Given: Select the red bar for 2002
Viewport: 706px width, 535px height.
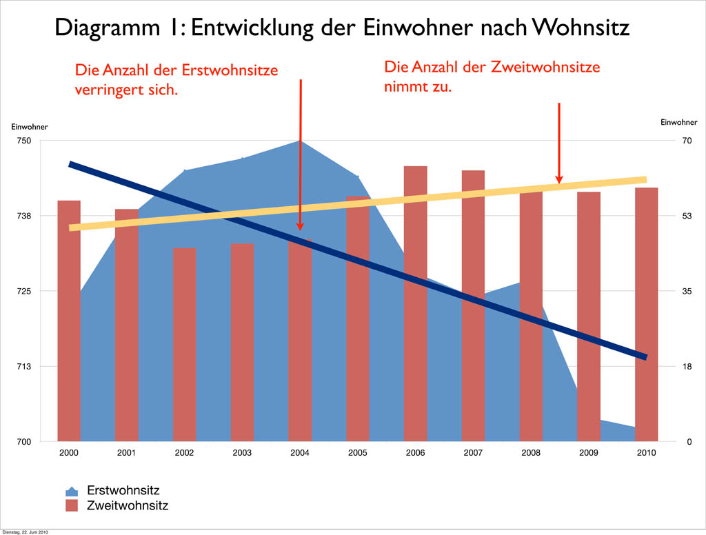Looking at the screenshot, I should tap(184, 345).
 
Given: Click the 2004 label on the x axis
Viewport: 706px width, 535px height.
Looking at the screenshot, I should tap(299, 453).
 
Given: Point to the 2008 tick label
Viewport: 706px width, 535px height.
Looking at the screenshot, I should tap(531, 453).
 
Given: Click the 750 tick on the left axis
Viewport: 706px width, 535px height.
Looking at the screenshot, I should tap(24, 141).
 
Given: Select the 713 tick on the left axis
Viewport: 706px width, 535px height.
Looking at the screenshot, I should tap(24, 366).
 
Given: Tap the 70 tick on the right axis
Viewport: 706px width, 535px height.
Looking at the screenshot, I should tap(687, 141).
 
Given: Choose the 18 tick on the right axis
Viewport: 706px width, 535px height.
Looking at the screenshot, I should tap(687, 366).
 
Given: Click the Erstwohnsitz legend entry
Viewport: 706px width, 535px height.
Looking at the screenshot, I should tap(123, 491).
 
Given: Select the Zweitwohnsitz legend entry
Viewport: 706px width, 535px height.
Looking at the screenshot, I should tap(128, 505).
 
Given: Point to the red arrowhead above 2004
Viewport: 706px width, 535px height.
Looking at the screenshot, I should tap(300, 225).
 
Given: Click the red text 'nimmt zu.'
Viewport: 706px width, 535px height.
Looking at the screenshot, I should tap(417, 88).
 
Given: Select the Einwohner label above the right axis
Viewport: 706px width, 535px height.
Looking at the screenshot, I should tap(678, 122).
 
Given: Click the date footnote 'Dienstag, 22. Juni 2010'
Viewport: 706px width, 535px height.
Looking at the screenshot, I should tap(26, 532).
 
